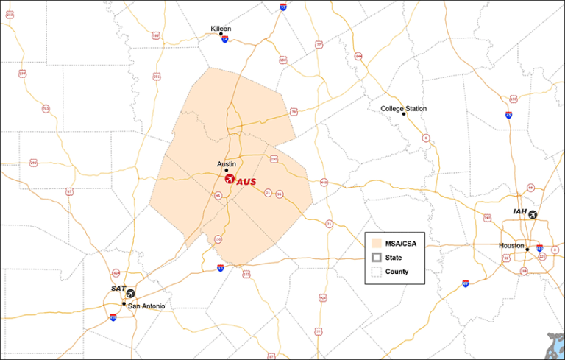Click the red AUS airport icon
click(230, 179)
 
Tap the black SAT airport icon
click(131, 294)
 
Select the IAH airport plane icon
click(533, 215)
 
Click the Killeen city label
click(221, 29)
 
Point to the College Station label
click(403, 109)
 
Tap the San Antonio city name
click(146, 306)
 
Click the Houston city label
click(511, 245)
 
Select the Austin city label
click(226, 164)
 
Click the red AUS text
click(247, 180)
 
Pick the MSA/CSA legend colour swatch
click(377, 243)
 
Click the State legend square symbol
click(377, 257)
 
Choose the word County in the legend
click(397, 272)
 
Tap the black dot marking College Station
click(403, 115)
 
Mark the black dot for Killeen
click(221, 34)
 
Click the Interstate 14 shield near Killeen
click(224, 40)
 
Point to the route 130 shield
click(218, 239)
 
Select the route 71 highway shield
click(329, 224)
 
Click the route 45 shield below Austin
click(218, 196)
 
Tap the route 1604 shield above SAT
click(116, 272)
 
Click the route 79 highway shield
click(294, 112)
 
